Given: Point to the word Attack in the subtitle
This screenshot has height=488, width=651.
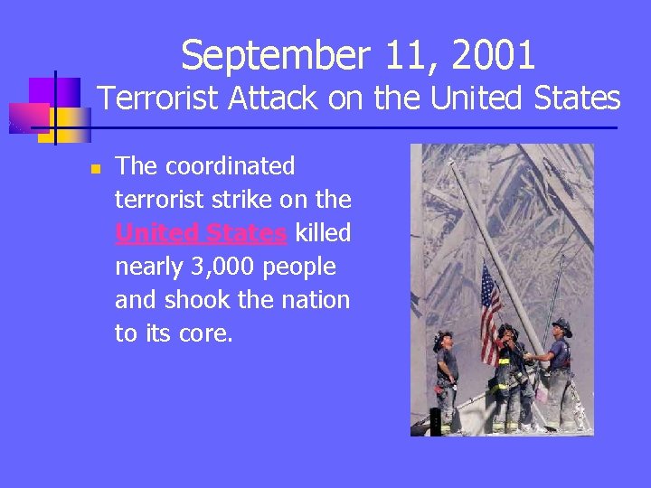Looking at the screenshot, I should pyautogui.click(x=277, y=98).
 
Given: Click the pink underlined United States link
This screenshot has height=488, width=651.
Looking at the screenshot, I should pyautogui.click(x=201, y=233).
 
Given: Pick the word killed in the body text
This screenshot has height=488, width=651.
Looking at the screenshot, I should pyautogui.click(x=323, y=233).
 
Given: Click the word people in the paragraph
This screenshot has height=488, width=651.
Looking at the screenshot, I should pyautogui.click(x=303, y=267).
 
